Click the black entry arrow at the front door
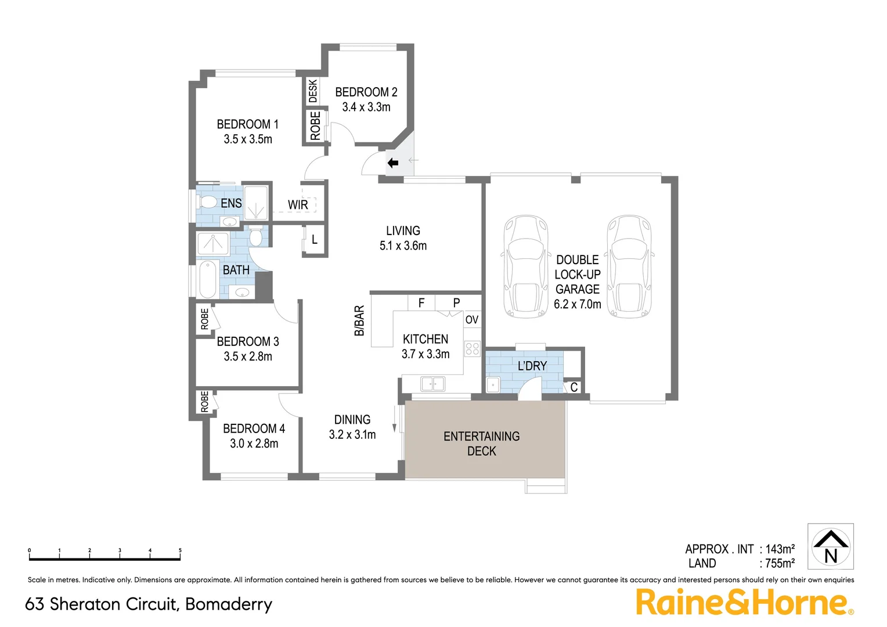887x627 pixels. coord(393,163)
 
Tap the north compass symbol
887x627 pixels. coord(831,547)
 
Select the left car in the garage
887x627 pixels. coord(525,267)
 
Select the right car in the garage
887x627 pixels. coord(629,267)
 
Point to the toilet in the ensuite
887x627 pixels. coord(207,202)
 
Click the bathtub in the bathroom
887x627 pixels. coord(207,279)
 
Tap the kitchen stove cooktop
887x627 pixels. coord(472,349)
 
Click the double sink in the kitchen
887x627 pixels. coord(432,384)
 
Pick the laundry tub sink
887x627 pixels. coord(493,384)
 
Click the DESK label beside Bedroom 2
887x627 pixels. coord(313,91)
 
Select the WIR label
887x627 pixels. coord(298,205)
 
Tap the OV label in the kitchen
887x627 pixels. coord(472,320)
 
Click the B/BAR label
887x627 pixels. coord(359,321)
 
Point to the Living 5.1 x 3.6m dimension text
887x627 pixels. coord(403,246)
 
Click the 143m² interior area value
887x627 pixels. coord(780,549)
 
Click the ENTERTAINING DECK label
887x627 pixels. coord(481,444)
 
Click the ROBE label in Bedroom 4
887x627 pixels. coord(204,402)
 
